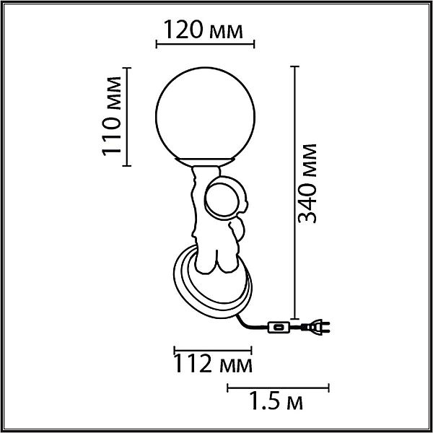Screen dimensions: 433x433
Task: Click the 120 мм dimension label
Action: click(204, 30)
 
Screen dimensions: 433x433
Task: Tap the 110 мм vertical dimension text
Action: click(112, 116)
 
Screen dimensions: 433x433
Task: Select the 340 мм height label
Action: click(307, 183)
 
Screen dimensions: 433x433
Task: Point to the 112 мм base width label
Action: click(213, 364)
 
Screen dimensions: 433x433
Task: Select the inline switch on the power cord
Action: click(279, 327)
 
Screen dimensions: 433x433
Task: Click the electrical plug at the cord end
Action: click(315, 327)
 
